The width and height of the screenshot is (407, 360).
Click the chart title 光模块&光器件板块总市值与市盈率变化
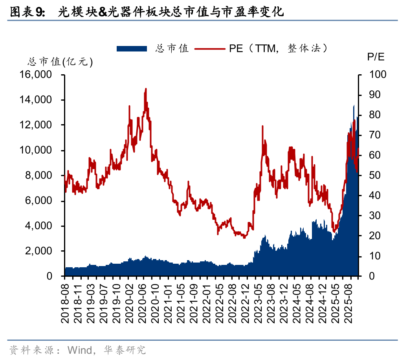(x=170, y=12)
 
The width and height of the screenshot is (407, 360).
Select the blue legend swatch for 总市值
(x=132, y=48)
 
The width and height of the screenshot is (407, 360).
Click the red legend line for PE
(x=210, y=48)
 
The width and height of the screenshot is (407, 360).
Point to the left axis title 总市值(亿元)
(x=60, y=62)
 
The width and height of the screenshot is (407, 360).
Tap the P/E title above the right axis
(x=376, y=57)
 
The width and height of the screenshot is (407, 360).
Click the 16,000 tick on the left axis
(x=35, y=75)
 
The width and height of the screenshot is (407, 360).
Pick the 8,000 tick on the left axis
(x=38, y=175)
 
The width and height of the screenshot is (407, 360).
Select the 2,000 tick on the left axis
(x=38, y=251)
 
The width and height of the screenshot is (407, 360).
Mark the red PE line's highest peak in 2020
(x=146, y=89)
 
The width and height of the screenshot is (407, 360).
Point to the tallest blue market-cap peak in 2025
(x=354, y=106)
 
